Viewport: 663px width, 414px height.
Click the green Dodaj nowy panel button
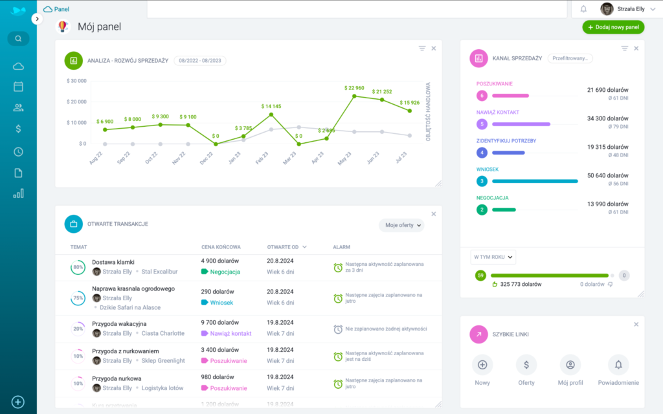click(613, 27)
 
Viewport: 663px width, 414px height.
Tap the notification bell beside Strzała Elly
click(583, 9)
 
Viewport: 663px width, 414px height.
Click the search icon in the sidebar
click(18, 39)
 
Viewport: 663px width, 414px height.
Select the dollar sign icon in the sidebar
click(18, 129)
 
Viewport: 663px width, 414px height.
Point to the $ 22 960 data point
click(354, 96)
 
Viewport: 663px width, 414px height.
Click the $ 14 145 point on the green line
click(271, 114)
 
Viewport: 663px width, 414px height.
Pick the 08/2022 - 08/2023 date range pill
click(199, 60)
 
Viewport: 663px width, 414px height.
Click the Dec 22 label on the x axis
click(207, 158)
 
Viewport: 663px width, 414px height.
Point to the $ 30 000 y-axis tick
click(76, 81)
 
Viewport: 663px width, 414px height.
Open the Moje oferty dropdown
click(401, 225)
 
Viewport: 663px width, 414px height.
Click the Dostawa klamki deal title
click(113, 262)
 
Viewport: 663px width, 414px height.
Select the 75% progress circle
click(78, 298)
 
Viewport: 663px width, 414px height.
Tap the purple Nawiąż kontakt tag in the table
click(227, 333)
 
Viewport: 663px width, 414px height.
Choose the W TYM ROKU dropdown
click(493, 257)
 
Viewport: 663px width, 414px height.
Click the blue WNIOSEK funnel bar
click(535, 181)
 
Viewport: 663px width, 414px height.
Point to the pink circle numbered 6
click(482, 96)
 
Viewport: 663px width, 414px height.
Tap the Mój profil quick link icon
click(570, 365)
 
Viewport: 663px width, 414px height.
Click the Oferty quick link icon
click(526, 365)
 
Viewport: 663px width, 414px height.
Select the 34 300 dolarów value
click(607, 118)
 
